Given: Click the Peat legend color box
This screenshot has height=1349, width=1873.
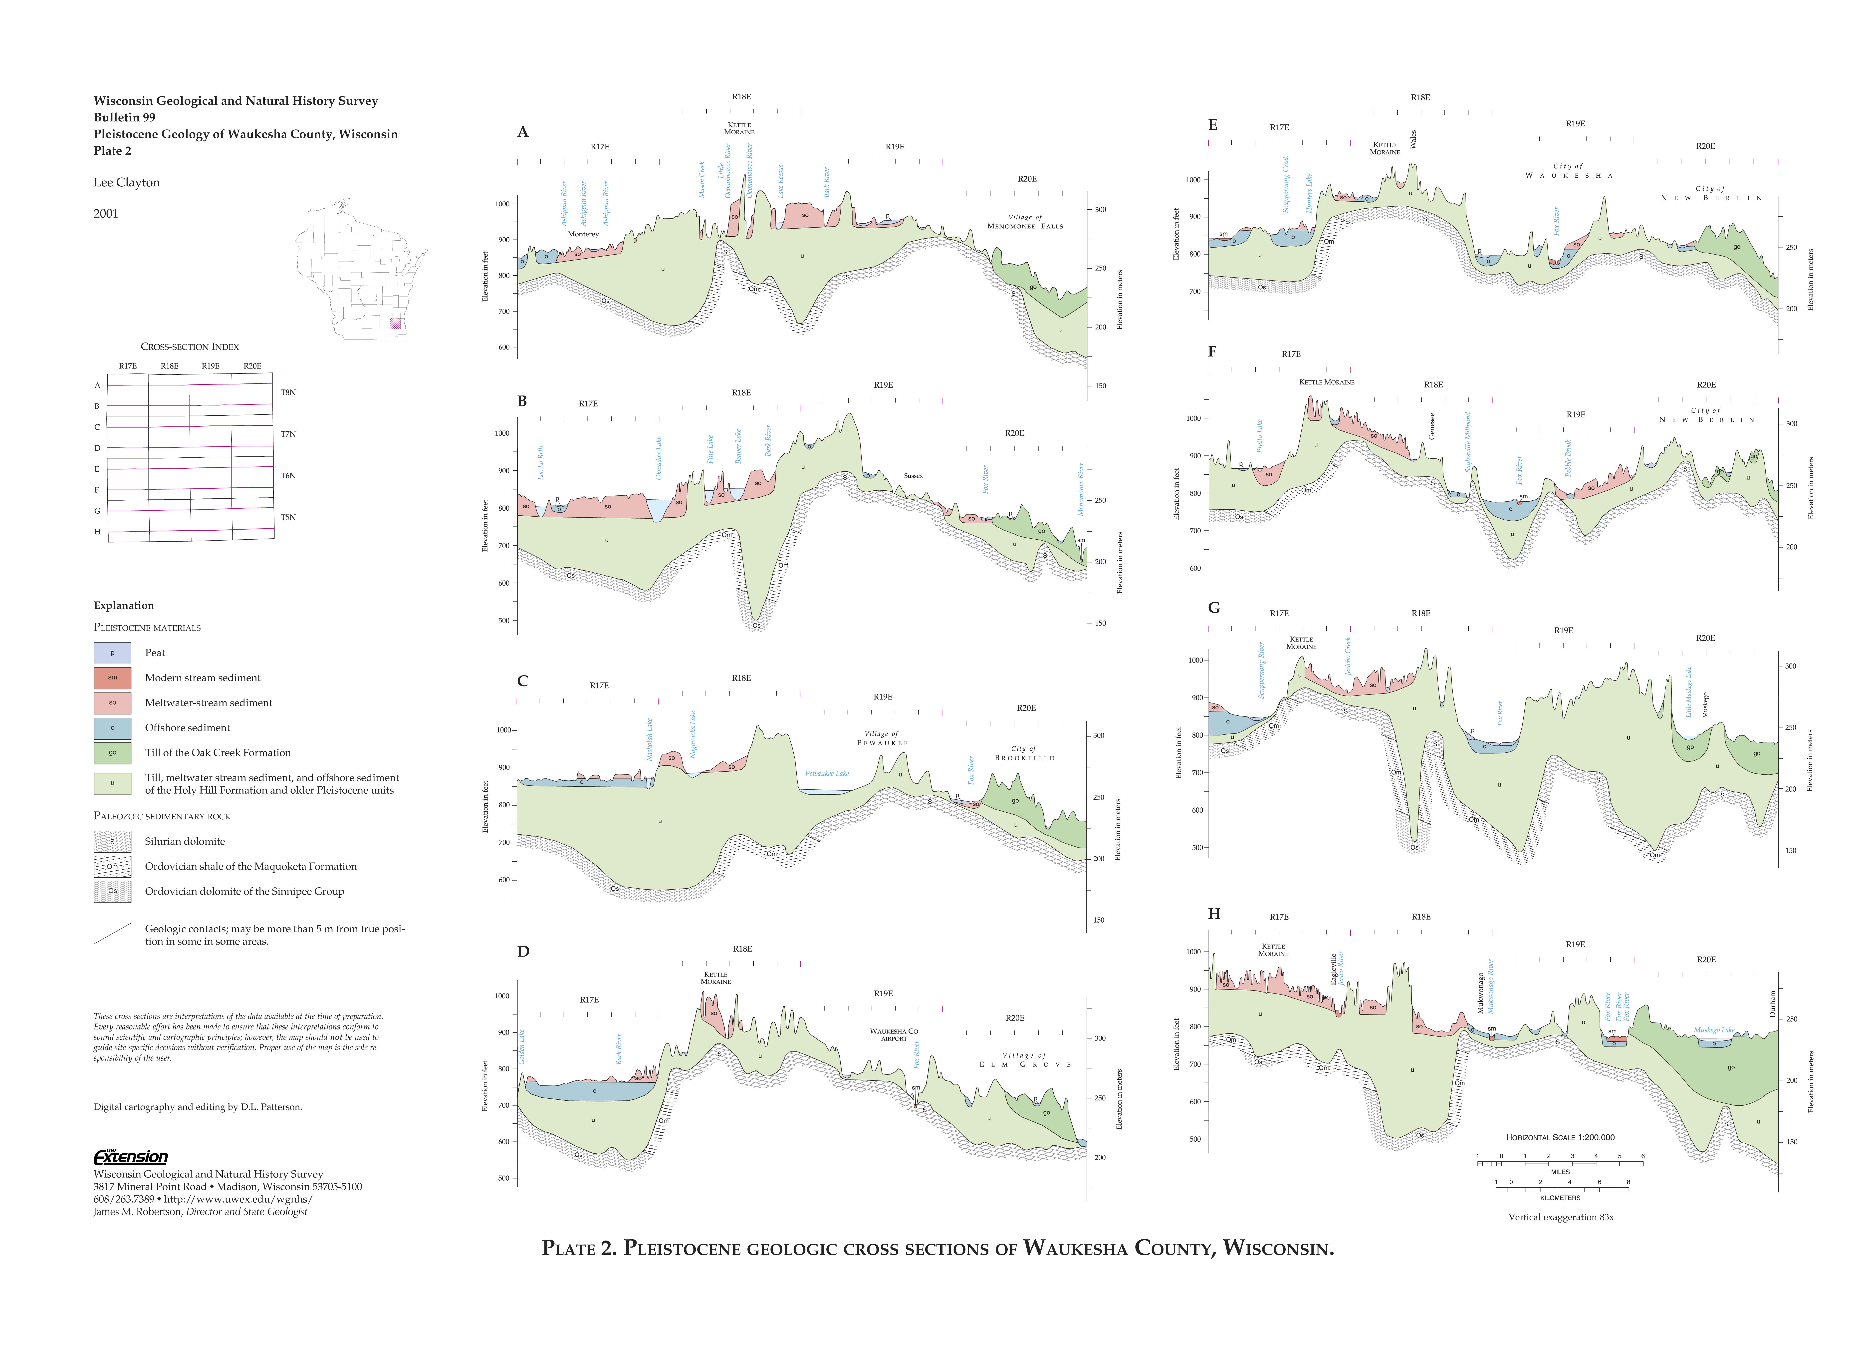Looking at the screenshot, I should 112,653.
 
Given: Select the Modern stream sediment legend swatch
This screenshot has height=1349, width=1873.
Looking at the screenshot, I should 112,677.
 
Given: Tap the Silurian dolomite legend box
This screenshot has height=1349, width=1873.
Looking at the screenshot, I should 112,841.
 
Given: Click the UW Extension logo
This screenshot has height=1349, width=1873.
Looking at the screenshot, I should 130,1157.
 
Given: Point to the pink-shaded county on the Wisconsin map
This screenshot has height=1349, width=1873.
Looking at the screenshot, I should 396,324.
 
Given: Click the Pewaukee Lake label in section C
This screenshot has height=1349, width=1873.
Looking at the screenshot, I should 827,773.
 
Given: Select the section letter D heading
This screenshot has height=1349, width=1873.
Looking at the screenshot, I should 523,951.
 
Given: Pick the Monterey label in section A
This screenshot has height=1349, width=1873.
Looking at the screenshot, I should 583,234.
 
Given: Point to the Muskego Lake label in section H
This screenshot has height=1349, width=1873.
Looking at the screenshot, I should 1714,1030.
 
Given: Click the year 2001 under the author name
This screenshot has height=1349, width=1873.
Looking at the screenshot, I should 106,213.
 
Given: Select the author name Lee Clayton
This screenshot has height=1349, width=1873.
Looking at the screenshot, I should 126,183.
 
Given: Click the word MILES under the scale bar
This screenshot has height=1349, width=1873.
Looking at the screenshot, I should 1560,1171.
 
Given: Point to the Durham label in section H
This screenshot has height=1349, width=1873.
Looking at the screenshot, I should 1772,1002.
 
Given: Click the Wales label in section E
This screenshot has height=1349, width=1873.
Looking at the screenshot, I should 1413,139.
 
